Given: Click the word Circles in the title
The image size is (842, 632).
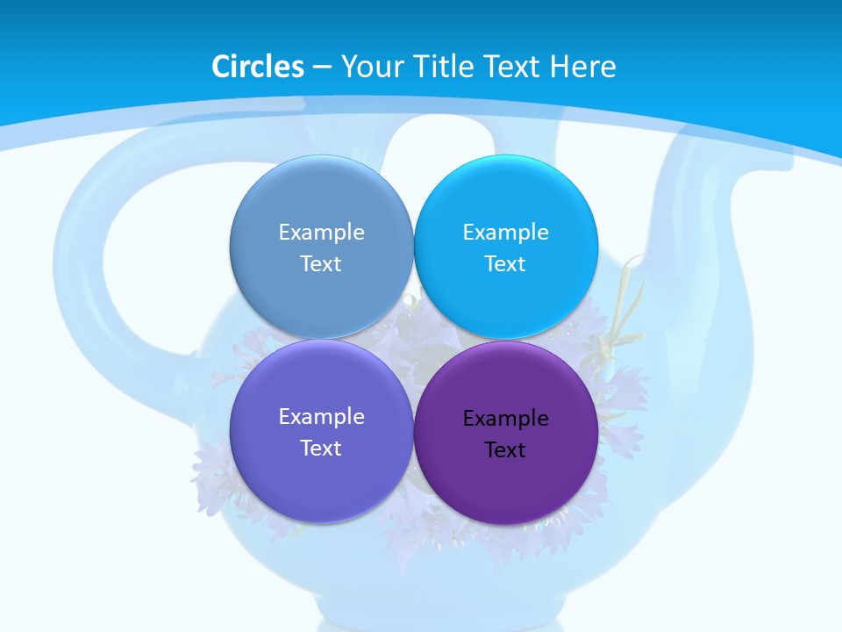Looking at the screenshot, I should point(258,67).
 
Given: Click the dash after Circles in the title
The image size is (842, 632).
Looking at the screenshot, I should point(322,68).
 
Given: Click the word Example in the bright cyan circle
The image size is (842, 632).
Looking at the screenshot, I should point(505,233).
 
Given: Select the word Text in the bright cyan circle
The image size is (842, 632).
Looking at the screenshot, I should point(505,264).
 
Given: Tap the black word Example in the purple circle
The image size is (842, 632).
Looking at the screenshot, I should point(505,419).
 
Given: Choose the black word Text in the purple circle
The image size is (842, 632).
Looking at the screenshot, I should point(505,450).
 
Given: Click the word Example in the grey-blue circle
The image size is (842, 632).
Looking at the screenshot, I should point(321,233).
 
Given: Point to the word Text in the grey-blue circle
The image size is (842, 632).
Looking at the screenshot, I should point(321,264).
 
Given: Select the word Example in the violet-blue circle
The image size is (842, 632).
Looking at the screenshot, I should point(321,417).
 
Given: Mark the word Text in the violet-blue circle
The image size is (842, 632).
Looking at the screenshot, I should point(321,449).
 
